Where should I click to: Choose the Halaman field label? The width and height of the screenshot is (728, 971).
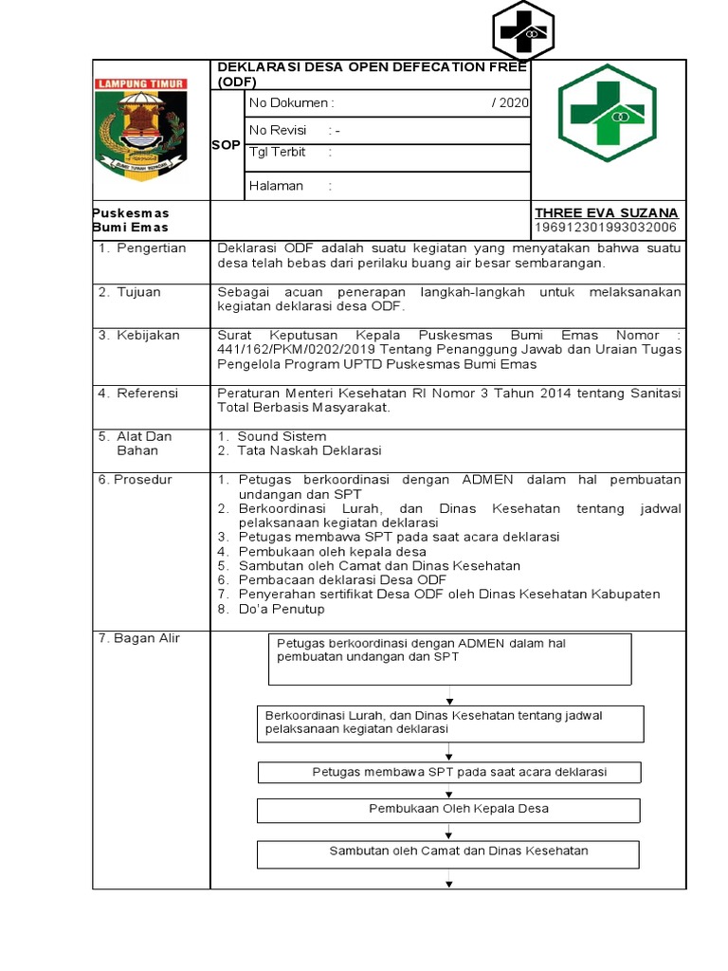coord(276,186)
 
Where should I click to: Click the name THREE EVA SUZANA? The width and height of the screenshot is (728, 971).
coord(607,212)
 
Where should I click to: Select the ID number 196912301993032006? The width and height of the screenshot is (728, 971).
coord(607,228)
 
